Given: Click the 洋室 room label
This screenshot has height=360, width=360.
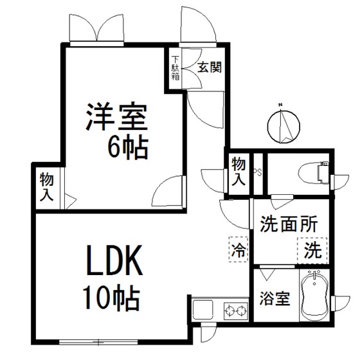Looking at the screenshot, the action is (x=116, y=116).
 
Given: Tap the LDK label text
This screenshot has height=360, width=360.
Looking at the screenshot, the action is (x=114, y=260).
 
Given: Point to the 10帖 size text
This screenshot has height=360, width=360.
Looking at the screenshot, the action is (x=111, y=297).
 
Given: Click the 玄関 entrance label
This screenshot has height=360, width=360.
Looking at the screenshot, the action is (x=210, y=67).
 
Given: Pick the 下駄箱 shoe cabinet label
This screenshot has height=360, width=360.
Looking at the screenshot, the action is (x=175, y=68).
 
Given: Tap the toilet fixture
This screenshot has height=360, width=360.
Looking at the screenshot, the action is (x=314, y=172).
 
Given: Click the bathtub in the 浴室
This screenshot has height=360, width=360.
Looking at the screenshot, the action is (x=314, y=296).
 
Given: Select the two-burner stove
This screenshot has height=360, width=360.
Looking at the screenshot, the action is (x=236, y=311).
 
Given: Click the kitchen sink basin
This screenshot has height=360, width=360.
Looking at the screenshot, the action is (x=203, y=309).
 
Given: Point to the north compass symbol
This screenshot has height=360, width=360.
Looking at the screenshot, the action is (x=283, y=125).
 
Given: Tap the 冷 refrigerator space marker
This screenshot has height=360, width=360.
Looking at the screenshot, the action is (x=239, y=249).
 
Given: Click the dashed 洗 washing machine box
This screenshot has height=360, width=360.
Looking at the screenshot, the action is (x=312, y=251).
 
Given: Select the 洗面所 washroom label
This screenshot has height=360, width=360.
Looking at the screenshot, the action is (x=289, y=224).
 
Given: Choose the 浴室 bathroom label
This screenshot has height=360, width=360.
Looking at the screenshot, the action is (x=274, y=298).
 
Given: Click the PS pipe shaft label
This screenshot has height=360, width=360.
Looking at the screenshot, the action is (x=258, y=172).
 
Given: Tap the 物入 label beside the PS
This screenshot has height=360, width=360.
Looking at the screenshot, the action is (x=239, y=171).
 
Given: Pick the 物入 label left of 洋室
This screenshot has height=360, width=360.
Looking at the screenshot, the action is (x=47, y=187).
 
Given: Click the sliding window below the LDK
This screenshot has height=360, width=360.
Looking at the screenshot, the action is (x=98, y=342).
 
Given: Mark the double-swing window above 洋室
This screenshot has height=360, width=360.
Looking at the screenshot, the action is (x=96, y=29).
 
